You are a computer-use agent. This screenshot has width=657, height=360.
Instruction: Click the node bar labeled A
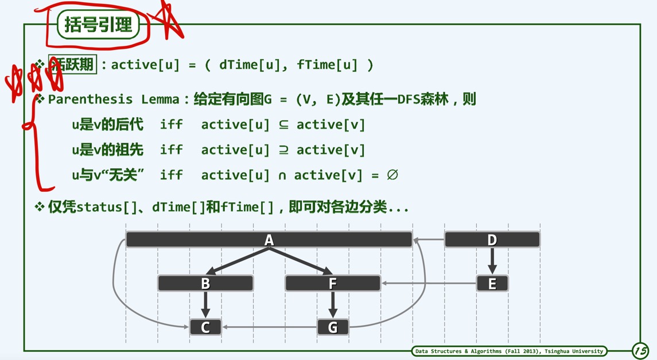tap(269, 239)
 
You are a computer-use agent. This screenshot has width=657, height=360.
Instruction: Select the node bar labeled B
tap(205, 283)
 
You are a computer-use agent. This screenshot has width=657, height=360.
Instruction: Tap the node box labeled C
tap(205, 327)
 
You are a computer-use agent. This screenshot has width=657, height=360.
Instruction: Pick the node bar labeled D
tap(492, 239)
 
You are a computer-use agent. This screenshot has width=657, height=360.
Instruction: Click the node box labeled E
tap(492, 283)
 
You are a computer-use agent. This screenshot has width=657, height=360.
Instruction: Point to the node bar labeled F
tap(332, 283)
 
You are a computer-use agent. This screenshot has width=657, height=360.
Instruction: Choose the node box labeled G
tap(332, 327)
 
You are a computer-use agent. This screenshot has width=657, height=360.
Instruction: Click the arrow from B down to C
tap(205, 304)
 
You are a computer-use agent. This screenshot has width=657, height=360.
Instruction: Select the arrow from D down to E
tap(492, 261)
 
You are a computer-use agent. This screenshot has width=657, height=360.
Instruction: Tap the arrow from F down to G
tap(332, 304)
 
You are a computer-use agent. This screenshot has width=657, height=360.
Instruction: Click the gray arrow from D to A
tap(429, 239)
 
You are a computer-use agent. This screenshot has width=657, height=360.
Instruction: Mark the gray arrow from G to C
tap(270, 327)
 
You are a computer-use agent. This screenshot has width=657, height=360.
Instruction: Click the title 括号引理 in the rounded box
tap(99, 25)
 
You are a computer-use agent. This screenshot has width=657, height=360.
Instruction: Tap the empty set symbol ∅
tap(392, 175)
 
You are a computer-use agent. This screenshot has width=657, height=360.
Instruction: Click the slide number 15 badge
tap(640, 350)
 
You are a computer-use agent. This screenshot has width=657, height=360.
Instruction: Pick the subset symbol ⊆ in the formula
tap(283, 125)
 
